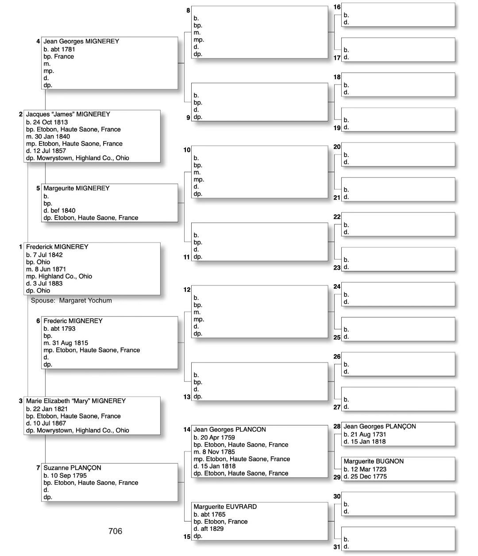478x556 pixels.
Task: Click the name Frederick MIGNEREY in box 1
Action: coord(57,247)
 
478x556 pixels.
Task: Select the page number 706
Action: coord(115,531)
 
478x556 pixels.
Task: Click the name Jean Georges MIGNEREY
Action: coord(81,41)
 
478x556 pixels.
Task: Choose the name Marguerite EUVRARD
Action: coord(225,507)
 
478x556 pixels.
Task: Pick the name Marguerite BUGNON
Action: coord(374,461)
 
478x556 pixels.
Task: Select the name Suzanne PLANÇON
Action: coord(72,468)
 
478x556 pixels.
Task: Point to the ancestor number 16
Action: coord(337,7)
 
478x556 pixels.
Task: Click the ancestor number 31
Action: coord(337,547)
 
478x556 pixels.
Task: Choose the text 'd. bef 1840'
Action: coord(59,211)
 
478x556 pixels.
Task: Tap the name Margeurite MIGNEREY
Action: coord(76,188)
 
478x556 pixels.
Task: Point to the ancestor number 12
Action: coord(187,290)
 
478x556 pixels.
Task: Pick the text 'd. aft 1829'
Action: coord(208,529)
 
